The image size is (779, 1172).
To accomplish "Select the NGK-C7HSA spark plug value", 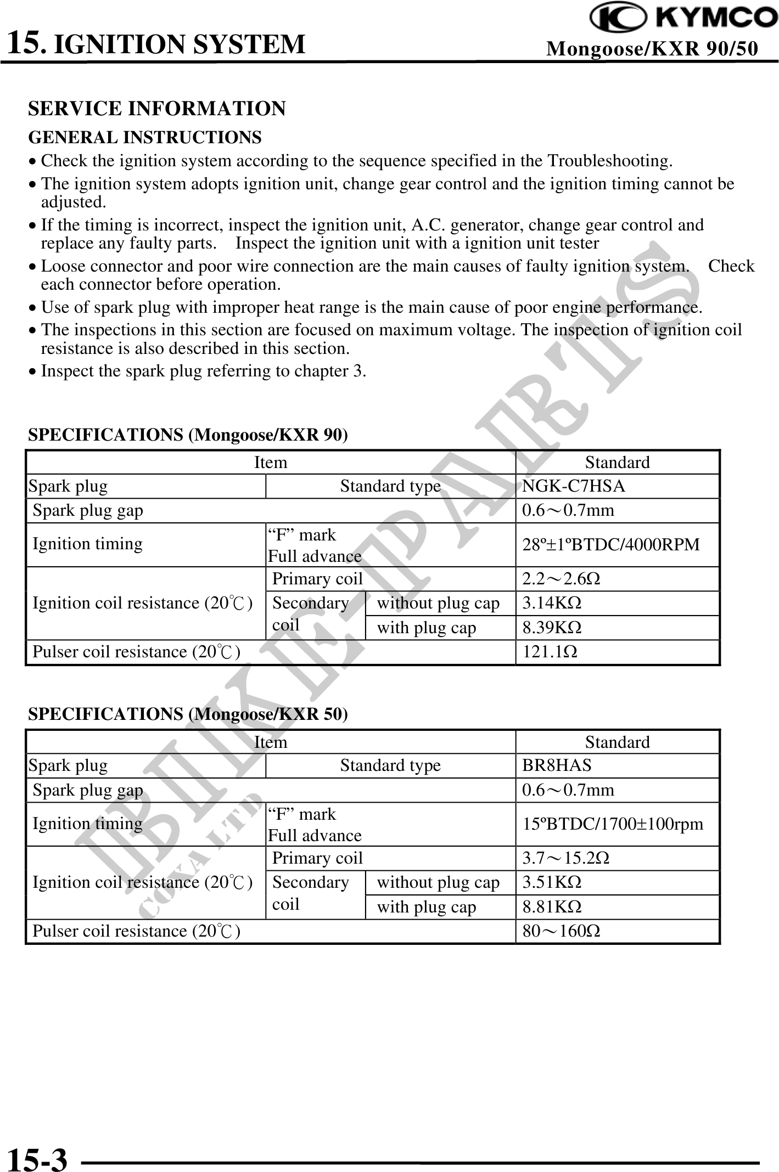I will coord(573,486).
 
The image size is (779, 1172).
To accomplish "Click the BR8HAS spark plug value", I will coord(557,765).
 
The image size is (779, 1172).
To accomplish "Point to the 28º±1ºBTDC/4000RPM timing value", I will coord(610,544).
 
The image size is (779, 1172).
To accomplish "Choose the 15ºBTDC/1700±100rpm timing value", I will coord(612,824).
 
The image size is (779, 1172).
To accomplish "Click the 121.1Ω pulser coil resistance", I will coord(550,652).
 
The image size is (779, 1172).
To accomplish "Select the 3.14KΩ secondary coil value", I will coord(551,603).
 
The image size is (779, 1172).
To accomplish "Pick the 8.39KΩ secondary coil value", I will coord(551,628).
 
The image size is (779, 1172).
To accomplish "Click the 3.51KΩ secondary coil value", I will coord(551,882).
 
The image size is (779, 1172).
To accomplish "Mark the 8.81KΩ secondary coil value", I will coord(551,907).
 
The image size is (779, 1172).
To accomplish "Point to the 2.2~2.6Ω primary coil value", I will coord(561,579).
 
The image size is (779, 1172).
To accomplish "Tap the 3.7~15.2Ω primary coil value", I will coord(565,858).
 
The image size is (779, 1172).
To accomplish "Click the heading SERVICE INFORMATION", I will coord(156,109).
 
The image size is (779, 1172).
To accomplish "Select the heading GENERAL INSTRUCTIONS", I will coord(145,137).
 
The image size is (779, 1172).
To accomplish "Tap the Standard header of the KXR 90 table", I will coord(617,463).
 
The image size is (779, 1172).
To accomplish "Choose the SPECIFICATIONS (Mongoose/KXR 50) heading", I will coord(188,714).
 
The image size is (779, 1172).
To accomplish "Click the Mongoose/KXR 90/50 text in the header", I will coord(652,49).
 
